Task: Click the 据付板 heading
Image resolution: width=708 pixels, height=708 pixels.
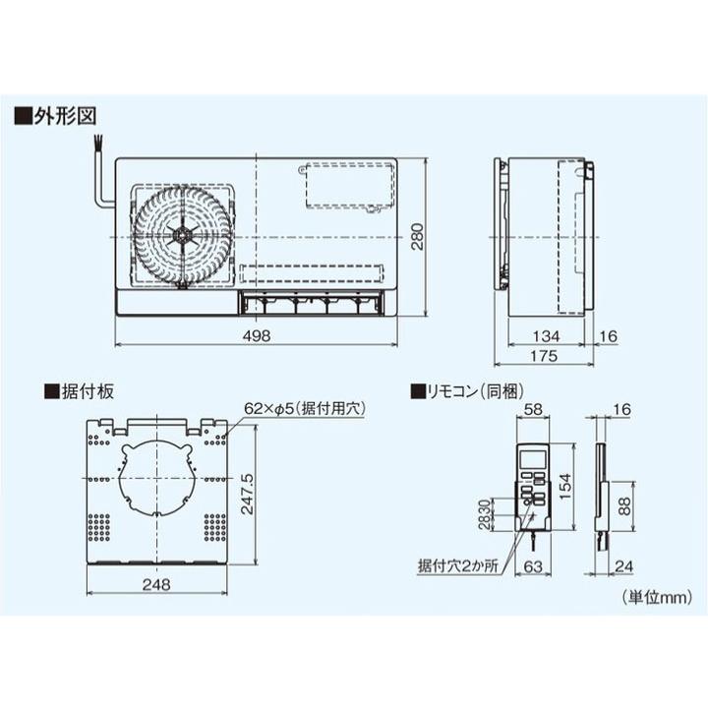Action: (x=87, y=391)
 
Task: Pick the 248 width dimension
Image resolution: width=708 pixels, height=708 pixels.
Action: (x=155, y=584)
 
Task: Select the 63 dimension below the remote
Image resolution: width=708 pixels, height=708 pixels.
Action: (x=535, y=565)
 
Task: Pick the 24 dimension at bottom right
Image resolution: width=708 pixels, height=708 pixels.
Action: (x=623, y=565)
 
